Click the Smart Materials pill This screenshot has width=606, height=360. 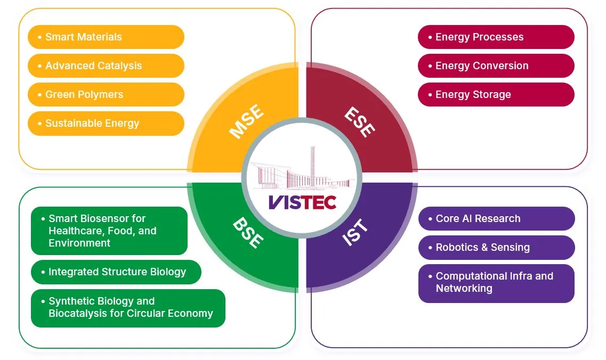[106, 37]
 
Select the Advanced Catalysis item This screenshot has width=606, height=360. [106, 66]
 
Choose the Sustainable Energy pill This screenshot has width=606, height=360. [106, 124]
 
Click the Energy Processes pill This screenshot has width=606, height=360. [496, 37]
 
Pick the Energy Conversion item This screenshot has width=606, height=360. [496, 66]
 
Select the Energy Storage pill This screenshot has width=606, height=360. [496, 95]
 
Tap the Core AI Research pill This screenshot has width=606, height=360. [496, 219]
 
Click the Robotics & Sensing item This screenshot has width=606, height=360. [496, 248]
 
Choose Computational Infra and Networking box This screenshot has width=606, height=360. [496, 283]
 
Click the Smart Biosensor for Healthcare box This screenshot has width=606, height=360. [109, 231]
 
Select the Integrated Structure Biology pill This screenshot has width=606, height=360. [116, 272]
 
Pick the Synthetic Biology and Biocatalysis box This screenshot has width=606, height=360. [128, 307]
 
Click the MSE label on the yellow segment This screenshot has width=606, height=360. [246, 122]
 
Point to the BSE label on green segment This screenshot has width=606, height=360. [247, 233]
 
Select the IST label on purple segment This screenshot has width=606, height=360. [355, 233]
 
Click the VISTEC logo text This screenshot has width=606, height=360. [302, 202]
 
